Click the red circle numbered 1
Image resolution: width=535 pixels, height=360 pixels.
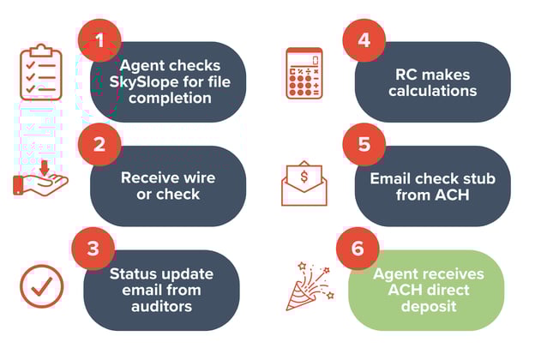pyautogui.click(x=99, y=39)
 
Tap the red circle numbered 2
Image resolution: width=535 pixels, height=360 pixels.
pyautogui.click(x=99, y=144)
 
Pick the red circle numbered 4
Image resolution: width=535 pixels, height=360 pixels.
pyautogui.click(x=363, y=39)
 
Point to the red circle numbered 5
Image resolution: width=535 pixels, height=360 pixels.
pyautogui.click(x=363, y=144)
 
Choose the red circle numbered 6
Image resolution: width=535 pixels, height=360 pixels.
pyautogui.click(x=363, y=249)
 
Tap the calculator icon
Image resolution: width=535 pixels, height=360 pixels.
pyautogui.click(x=304, y=74)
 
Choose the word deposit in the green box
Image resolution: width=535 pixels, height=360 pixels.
pyautogui.click(x=431, y=307)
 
